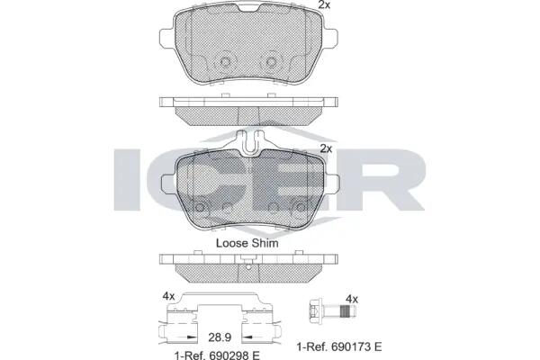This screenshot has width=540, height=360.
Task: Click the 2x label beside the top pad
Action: pyautogui.click(x=324, y=4)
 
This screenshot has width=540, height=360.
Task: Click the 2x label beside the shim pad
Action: pyautogui.click(x=326, y=148)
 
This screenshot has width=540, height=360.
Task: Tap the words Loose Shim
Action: pyautogui.click(x=247, y=243)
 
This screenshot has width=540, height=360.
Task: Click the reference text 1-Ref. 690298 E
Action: pyautogui.click(x=217, y=355)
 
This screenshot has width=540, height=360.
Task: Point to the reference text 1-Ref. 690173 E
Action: pyautogui.click(x=339, y=346)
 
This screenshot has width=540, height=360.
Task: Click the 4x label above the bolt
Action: pyautogui.click(x=352, y=299)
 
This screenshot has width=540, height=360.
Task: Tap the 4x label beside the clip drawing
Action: pyautogui.click(x=169, y=296)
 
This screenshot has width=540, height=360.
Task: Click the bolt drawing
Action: pyautogui.click(x=331, y=311)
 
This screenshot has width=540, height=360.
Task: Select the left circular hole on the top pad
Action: pyautogui.click(x=225, y=62)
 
